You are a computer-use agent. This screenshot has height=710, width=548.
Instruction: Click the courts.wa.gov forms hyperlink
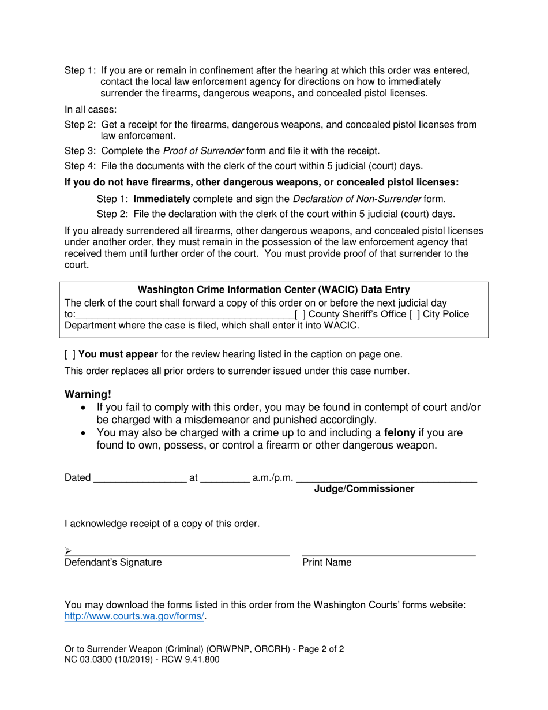(x=134, y=616)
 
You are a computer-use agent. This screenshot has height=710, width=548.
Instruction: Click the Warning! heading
(x=88, y=394)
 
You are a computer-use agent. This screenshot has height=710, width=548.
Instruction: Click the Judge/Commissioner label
(x=363, y=489)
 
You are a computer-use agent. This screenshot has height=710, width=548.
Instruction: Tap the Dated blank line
(x=140, y=478)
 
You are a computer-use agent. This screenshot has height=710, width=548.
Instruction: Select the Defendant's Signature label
(x=113, y=562)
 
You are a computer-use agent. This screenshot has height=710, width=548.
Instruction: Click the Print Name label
(x=326, y=562)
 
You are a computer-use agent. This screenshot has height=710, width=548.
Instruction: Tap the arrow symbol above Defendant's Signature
(x=68, y=551)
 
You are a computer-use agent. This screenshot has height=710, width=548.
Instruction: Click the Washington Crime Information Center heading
(x=274, y=290)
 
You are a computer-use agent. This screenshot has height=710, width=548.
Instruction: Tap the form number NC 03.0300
(x=92, y=659)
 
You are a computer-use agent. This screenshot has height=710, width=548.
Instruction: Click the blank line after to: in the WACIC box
(x=185, y=315)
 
